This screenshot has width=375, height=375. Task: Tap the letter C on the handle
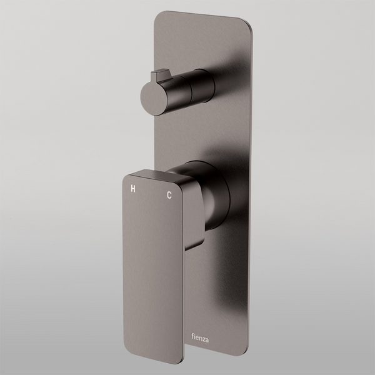click(169, 196)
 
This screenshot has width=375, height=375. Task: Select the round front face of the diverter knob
click(152, 98)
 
